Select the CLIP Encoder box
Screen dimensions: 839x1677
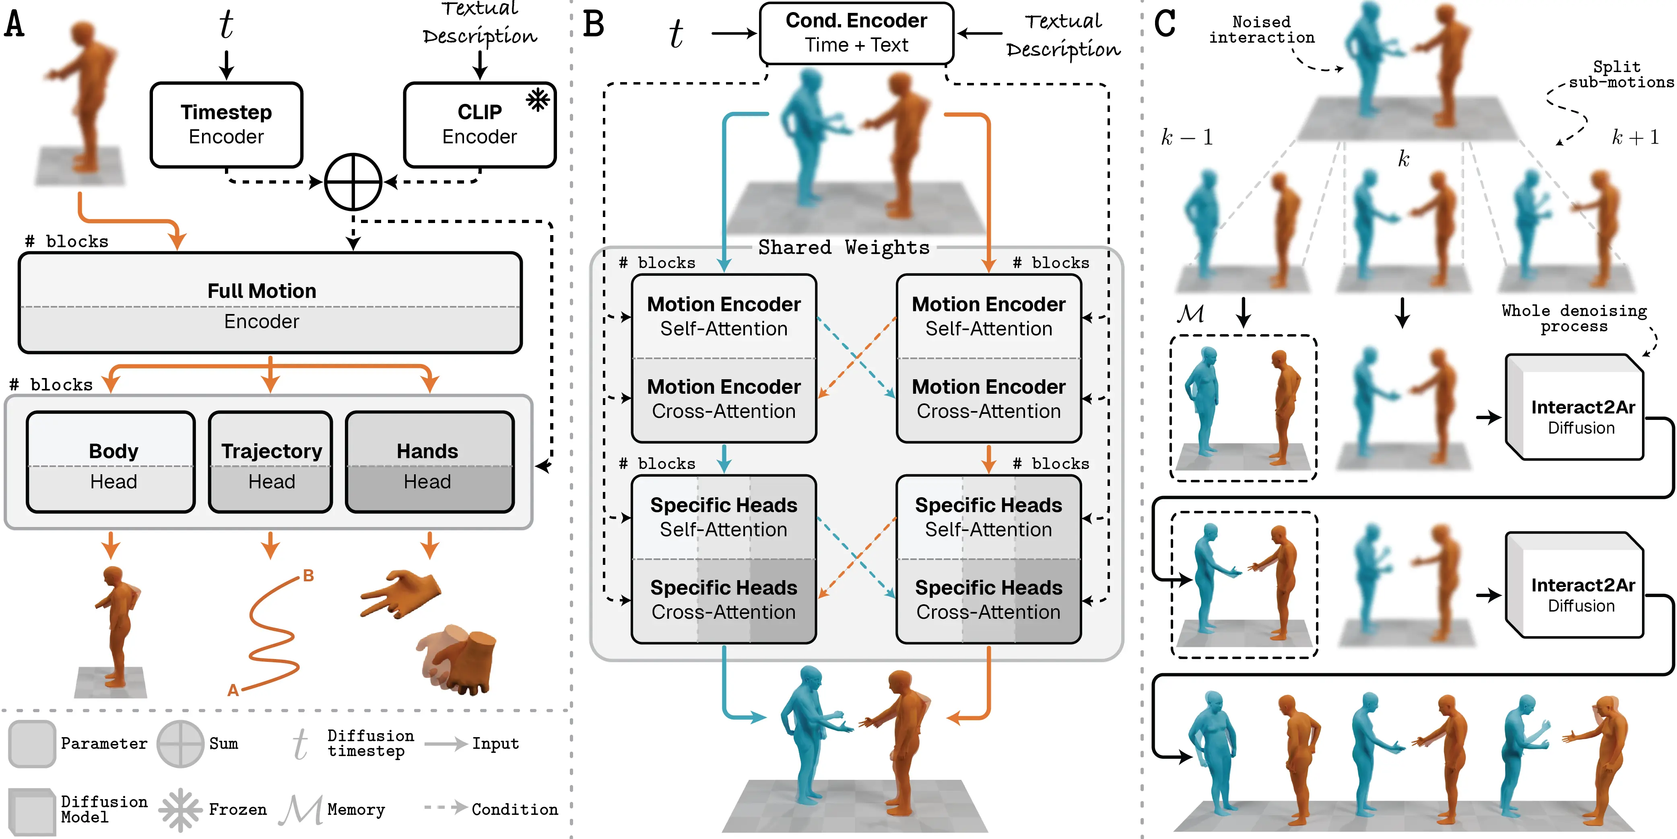coord(479,124)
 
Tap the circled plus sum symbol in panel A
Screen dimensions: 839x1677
coord(353,182)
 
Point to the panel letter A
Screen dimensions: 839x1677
coord(15,24)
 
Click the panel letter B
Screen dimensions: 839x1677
coord(593,24)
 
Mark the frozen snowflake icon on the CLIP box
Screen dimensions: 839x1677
coord(538,100)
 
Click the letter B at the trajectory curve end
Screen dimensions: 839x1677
coord(309,576)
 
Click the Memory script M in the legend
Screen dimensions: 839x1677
coord(301,810)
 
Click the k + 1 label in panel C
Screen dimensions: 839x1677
coord(1635,137)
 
